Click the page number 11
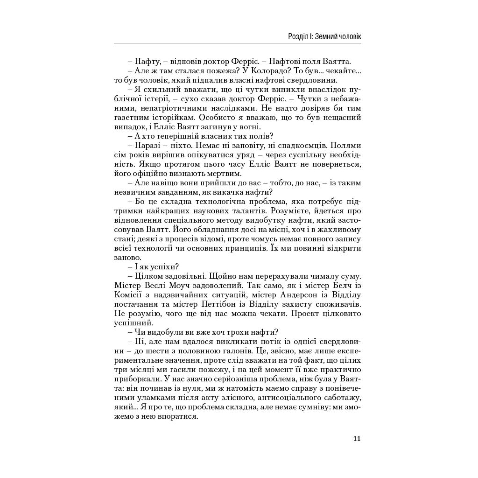(x=357, y=438)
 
